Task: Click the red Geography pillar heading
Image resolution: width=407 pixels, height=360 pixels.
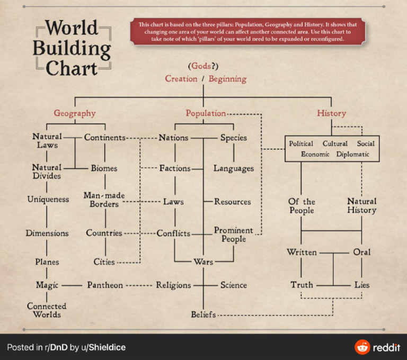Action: point(75,113)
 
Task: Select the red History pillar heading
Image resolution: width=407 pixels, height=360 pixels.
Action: point(331,113)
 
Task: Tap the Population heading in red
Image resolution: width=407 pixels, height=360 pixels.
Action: point(206,113)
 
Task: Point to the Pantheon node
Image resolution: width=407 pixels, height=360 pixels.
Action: point(105,285)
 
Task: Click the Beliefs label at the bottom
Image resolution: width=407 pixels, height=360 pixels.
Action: point(203,315)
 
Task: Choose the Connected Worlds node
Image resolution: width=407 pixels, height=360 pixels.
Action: point(47,310)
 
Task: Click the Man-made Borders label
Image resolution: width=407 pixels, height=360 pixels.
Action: point(104,200)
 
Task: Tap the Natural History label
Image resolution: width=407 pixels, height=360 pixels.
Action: point(361,205)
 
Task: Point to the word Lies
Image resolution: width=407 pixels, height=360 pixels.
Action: point(362,285)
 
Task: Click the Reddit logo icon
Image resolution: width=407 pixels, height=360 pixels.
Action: point(362,347)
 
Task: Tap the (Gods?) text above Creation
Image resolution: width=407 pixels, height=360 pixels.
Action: point(203,66)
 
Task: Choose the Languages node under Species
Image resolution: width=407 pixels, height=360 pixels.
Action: point(234,169)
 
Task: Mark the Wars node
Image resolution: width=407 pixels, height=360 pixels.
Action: point(203,262)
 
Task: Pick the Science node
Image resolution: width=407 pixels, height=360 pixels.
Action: point(234,285)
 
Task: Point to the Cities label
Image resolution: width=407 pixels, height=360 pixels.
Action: point(104,262)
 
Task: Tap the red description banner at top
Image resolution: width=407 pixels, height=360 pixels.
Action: point(241,32)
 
